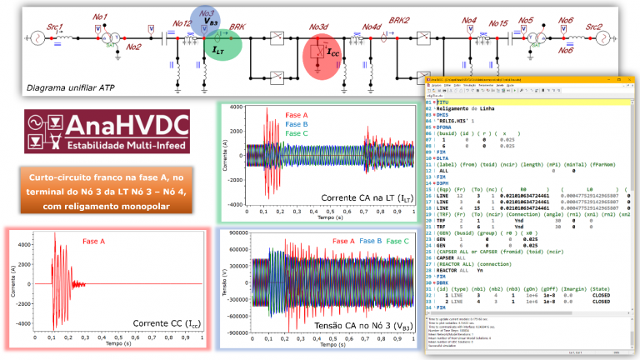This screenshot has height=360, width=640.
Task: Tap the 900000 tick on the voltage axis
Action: (240, 232)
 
